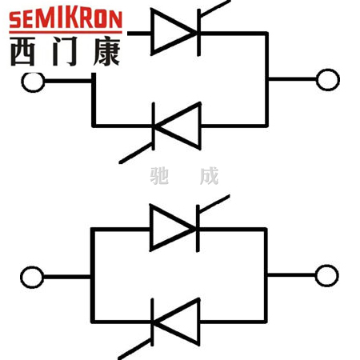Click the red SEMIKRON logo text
pos(66,19)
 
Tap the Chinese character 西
pos(23,51)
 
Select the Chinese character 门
pos(65,51)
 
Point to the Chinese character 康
pos(106,51)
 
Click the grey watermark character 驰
pos(159,176)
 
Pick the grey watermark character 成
pos(210,176)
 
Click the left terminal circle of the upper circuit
pos(33,82)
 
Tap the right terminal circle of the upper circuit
pos(328,80)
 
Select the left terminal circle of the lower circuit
pos(32,277)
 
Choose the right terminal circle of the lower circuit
pos(326,275)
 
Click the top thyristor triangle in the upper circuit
pos(174,32)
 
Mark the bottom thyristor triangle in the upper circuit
pos(178,126)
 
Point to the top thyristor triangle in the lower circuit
pos(173,228)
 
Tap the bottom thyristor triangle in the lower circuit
pos(176,322)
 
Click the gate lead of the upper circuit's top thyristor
pos(215,9)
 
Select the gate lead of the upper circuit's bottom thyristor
pos(136,153)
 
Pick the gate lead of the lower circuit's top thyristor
pos(214,204)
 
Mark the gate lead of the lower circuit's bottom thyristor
pos(135,350)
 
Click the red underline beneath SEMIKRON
pos(66,33)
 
